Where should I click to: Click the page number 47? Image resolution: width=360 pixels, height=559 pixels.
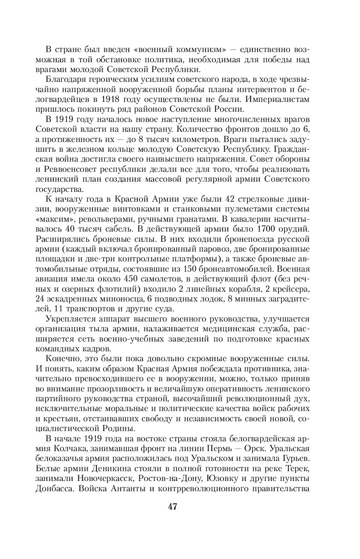[x=172, y=507]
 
